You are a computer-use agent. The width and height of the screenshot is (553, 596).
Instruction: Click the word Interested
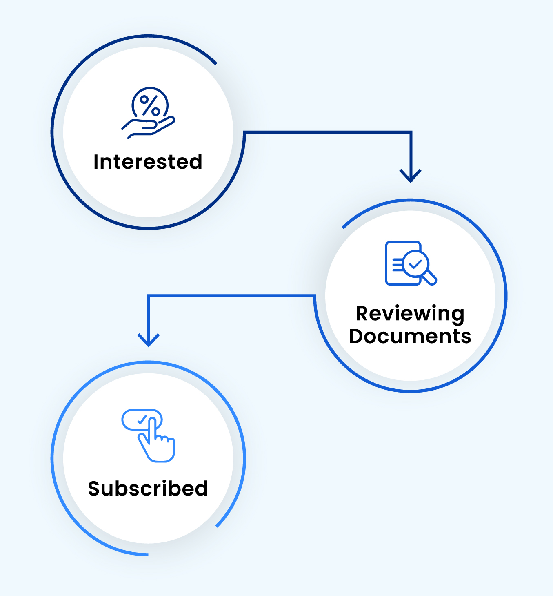pos(148,162)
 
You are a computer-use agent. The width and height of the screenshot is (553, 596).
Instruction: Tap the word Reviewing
pos(410,314)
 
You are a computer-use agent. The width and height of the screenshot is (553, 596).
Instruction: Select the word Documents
pos(410,336)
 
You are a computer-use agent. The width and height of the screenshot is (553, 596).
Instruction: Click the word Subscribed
pos(148,489)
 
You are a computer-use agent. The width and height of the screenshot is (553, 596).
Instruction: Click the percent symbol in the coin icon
pos(150,105)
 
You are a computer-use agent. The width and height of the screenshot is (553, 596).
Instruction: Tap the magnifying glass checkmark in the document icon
pos(415,264)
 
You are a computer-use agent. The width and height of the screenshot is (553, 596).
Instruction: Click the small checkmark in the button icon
pos(142,419)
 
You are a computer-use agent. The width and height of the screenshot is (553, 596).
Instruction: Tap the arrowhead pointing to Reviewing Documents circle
pos(411,176)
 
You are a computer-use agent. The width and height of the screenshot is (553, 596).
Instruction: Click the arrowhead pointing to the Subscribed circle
pos(149,340)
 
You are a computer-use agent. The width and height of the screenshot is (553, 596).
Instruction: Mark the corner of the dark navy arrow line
pos(411,132)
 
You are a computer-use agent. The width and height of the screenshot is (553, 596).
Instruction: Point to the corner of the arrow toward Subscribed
pos(149,295)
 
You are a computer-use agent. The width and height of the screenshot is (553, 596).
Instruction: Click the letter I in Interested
pos(96,162)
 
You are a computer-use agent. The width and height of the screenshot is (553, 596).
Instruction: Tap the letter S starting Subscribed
pos(94,489)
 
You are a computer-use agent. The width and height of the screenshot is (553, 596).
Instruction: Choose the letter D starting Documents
pos(358,336)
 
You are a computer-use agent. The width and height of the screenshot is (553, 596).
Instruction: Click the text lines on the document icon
pos(397,265)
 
